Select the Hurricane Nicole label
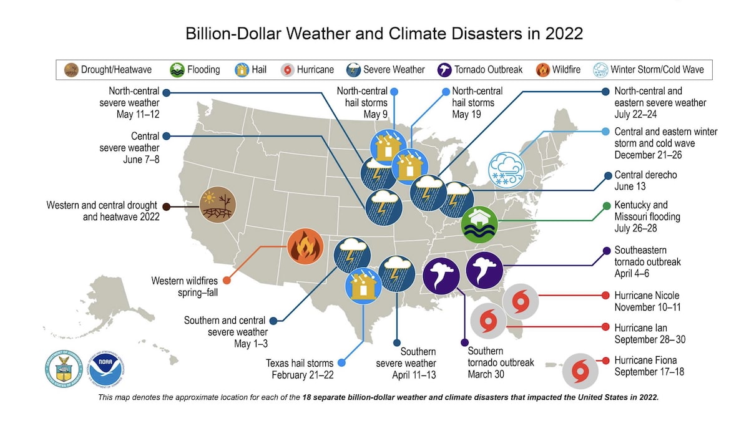coord(647,301)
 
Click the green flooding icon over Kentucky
coord(479,224)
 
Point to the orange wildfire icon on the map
coord(306,247)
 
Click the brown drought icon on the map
coord(217,205)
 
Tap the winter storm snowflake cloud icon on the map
coord(506,169)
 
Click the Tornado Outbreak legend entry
coord(481,69)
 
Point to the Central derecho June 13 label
coord(645,181)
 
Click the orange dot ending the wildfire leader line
coord(227,281)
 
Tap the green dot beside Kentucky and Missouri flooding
coord(606,206)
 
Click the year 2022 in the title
coord(559,34)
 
